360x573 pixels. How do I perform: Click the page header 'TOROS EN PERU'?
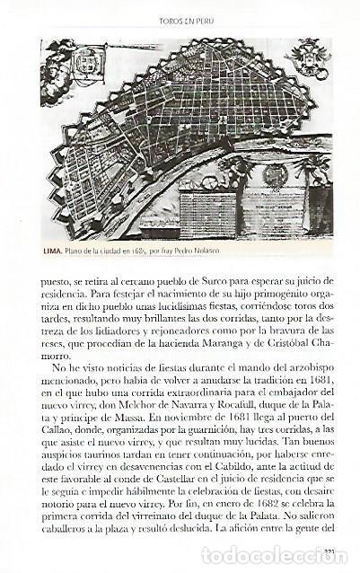(180, 18)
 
